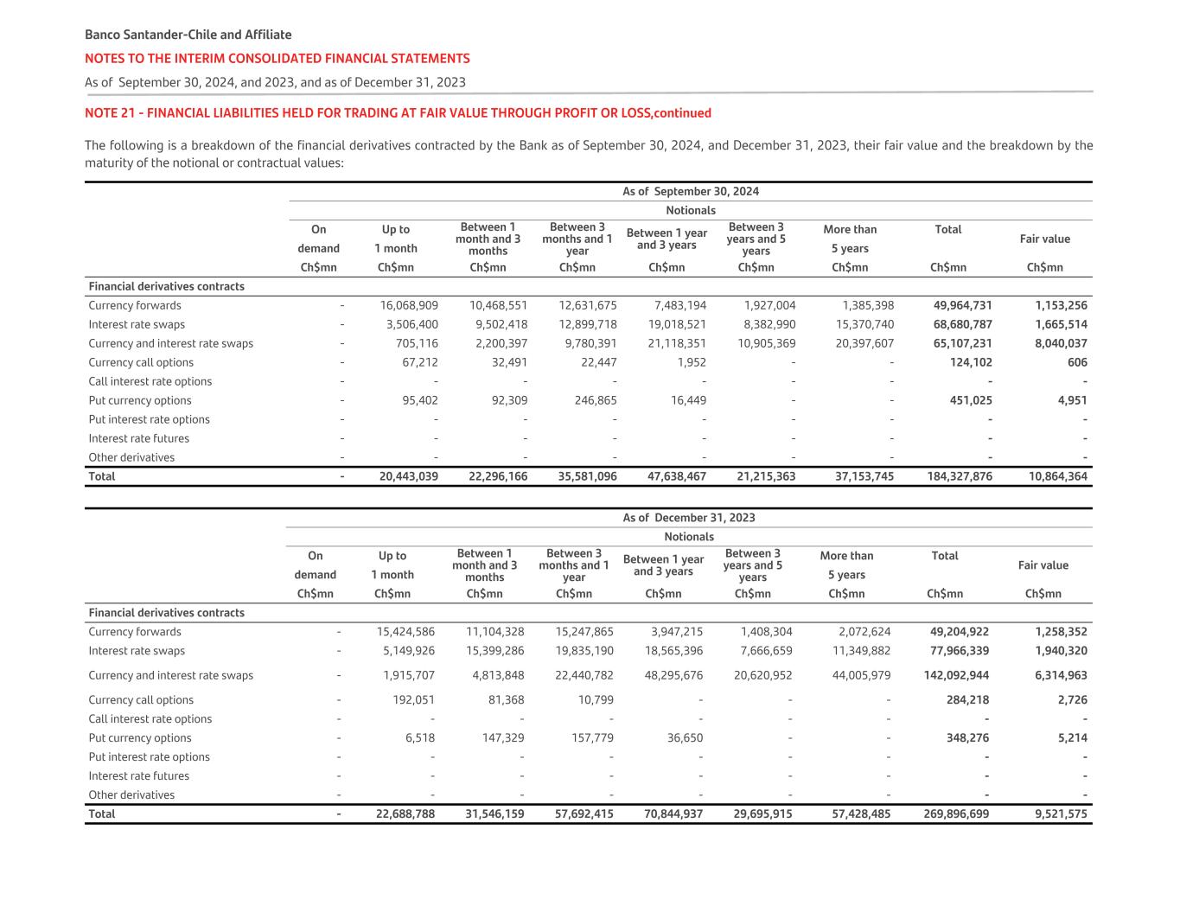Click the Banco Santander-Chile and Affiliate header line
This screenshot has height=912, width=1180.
pyautogui.click(x=188, y=35)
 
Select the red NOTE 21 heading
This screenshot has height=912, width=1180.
pyautogui.click(x=398, y=112)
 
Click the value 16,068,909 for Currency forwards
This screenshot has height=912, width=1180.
pyautogui.click(x=409, y=305)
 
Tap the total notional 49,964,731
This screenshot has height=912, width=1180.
pyautogui.click(x=962, y=305)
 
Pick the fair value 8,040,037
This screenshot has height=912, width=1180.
pyautogui.click(x=1061, y=343)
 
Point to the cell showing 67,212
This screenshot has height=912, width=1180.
pyautogui.click(x=419, y=362)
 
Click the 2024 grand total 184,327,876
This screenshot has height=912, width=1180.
pyautogui.click(x=960, y=476)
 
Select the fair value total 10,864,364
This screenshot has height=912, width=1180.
pyautogui.click(x=1057, y=476)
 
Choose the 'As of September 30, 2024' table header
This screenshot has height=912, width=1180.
pyautogui.click(x=690, y=191)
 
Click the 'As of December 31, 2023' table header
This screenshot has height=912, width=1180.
pyautogui.click(x=688, y=518)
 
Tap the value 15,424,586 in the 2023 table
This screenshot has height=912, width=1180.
pyautogui.click(x=405, y=632)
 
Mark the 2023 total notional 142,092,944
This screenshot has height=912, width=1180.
pyautogui.click(x=956, y=675)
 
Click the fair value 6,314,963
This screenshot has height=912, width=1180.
pyautogui.click(x=1061, y=675)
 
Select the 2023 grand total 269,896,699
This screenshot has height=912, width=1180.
pyautogui.click(x=956, y=813)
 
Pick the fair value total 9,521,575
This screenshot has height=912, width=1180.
pyautogui.click(x=1061, y=813)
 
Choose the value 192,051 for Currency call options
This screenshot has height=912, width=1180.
pyautogui.click(x=413, y=699)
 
